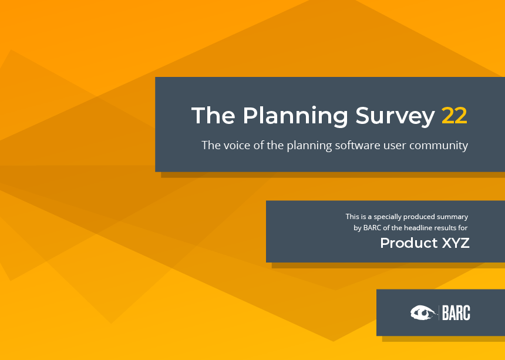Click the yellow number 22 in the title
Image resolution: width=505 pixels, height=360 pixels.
coord(454,116)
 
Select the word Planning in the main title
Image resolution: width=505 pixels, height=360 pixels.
coord(295,116)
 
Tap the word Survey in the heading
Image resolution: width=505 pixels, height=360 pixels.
coord(395,116)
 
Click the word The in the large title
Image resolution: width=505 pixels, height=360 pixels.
coord(213,115)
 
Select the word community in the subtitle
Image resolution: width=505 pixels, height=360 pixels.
coord(439,146)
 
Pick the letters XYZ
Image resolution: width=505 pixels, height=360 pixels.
coord(456,243)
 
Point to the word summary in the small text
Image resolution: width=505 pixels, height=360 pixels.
coord(452,217)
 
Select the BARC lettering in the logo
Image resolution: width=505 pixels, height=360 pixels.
coord(456,312)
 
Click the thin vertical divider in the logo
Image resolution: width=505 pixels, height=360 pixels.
coord(439,312)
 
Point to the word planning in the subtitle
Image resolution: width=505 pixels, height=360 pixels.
coord(309,146)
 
